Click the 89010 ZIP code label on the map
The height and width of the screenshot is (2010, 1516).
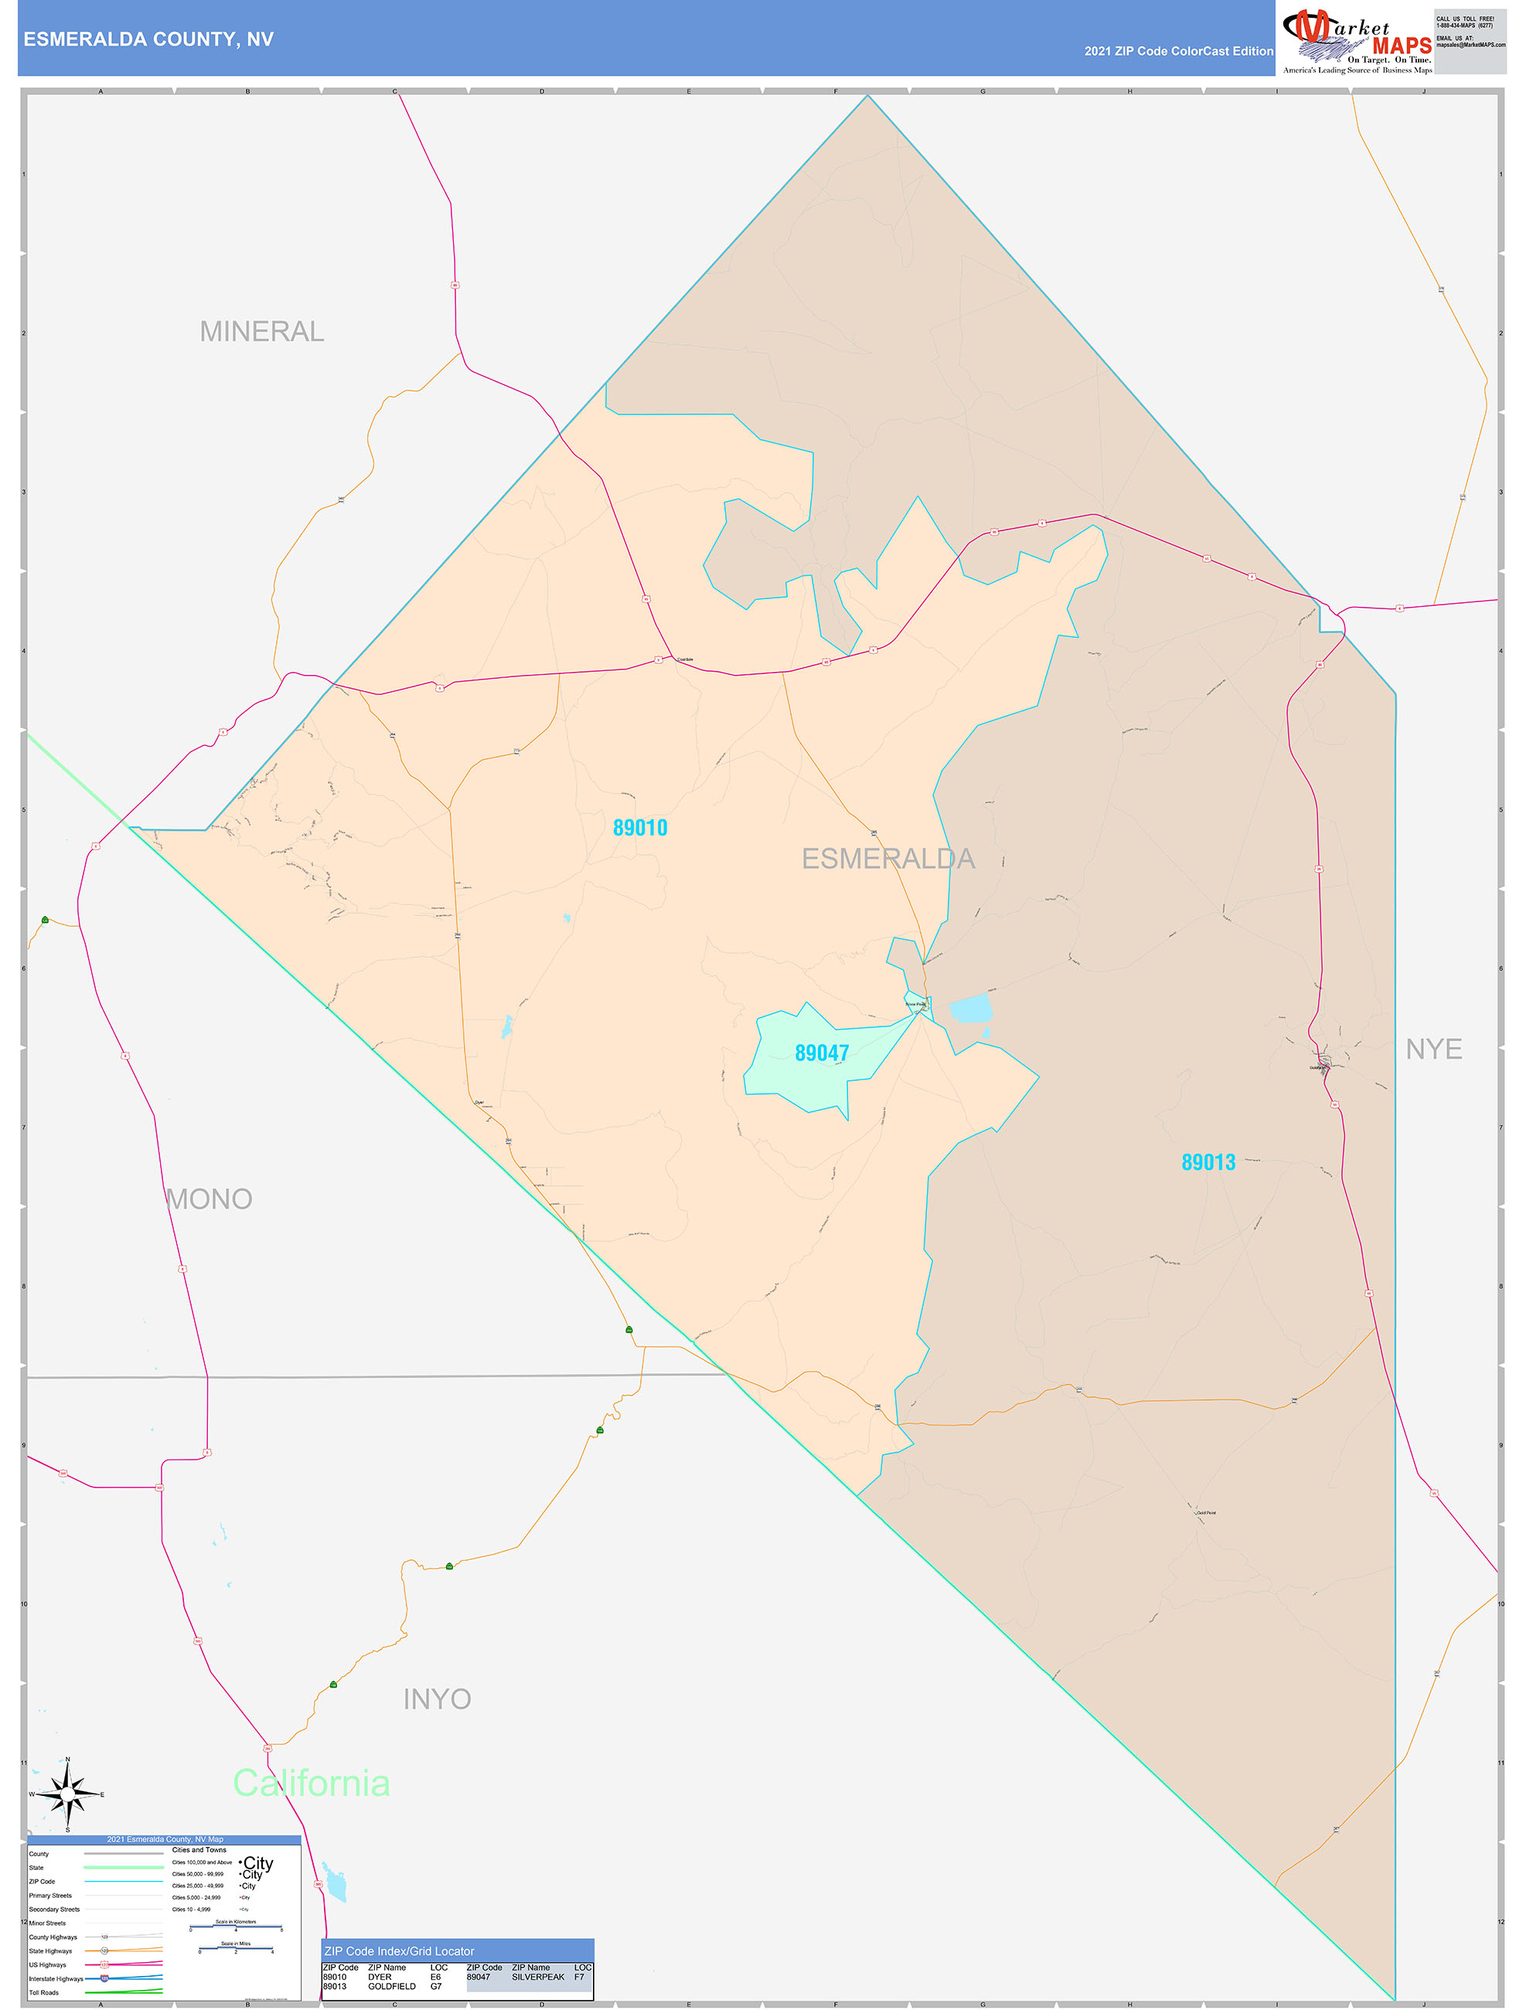coord(640,828)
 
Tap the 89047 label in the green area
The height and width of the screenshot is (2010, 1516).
coord(822,1053)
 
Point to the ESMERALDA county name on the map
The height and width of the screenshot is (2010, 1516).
coord(888,859)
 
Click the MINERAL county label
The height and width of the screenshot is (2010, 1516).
coord(262,332)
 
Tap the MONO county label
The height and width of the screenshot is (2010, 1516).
coord(209,1200)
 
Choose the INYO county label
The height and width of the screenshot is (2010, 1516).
coord(437,1699)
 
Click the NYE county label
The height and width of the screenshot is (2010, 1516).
coord(1433,1050)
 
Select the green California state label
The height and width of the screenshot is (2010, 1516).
coord(311,1783)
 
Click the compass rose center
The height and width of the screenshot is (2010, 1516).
coord(67,1794)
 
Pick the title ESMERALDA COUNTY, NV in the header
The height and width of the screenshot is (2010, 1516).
coord(148,39)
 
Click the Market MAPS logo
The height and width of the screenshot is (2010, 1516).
coord(1356,39)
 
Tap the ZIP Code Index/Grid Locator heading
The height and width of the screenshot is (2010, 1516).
coord(399,1951)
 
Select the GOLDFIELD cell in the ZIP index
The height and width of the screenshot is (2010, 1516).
coord(392,1986)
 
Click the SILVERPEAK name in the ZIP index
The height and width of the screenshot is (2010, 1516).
coord(538,1978)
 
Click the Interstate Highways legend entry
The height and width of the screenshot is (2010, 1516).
coord(56,1979)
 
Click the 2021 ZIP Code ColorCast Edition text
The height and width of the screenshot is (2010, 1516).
coord(1178,52)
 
